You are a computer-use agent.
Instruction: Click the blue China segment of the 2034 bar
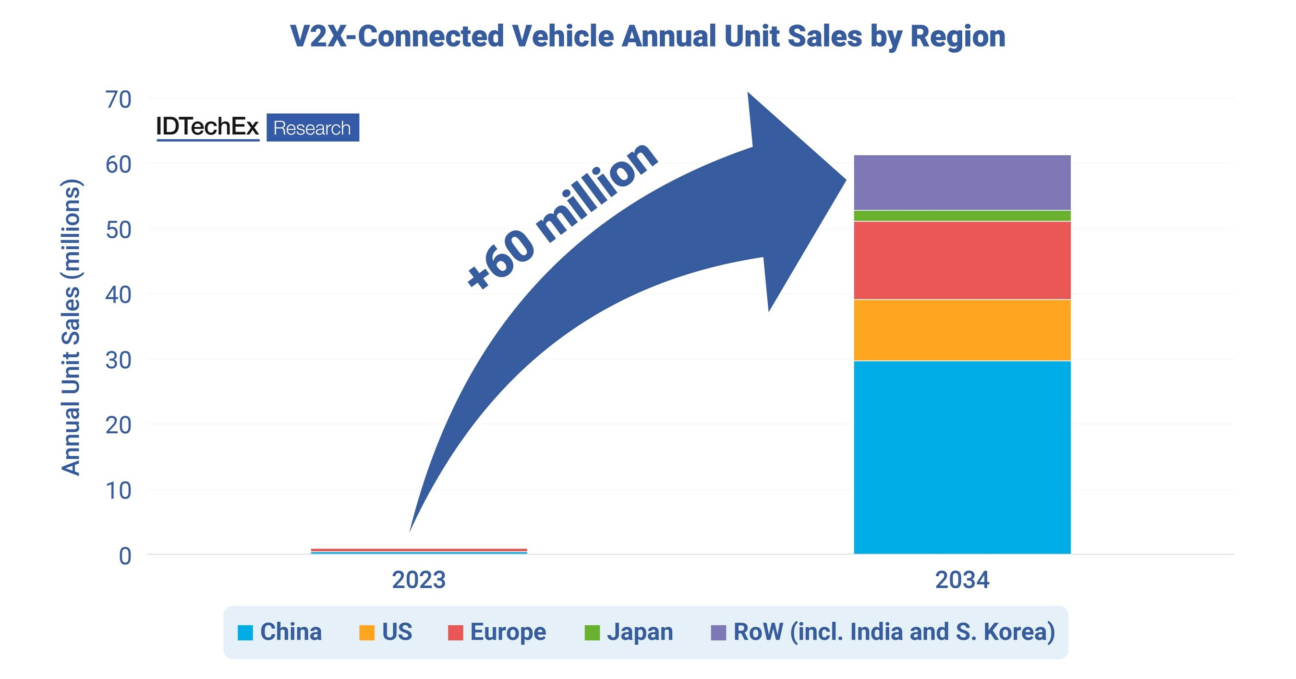(x=962, y=457)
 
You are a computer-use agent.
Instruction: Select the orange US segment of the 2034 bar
(x=962, y=330)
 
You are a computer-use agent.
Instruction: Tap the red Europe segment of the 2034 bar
(x=962, y=260)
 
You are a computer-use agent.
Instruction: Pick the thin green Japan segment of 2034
(x=962, y=216)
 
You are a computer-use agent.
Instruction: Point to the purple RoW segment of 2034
(x=962, y=182)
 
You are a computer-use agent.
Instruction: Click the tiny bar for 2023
(x=419, y=551)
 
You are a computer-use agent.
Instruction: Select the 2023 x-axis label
(x=419, y=580)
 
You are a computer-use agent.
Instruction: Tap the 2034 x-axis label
(x=962, y=580)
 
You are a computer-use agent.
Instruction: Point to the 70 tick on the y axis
(x=118, y=99)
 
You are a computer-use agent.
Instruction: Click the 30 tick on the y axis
(x=118, y=360)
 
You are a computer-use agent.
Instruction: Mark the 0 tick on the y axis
(x=125, y=556)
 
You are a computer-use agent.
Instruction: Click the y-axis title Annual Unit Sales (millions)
(x=71, y=327)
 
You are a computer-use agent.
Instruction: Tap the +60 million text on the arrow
(x=561, y=216)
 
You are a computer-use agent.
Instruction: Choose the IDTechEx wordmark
(x=207, y=127)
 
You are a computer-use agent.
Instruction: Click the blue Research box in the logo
(x=313, y=128)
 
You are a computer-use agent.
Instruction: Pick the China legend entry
(x=280, y=632)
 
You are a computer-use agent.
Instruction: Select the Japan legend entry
(x=629, y=632)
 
